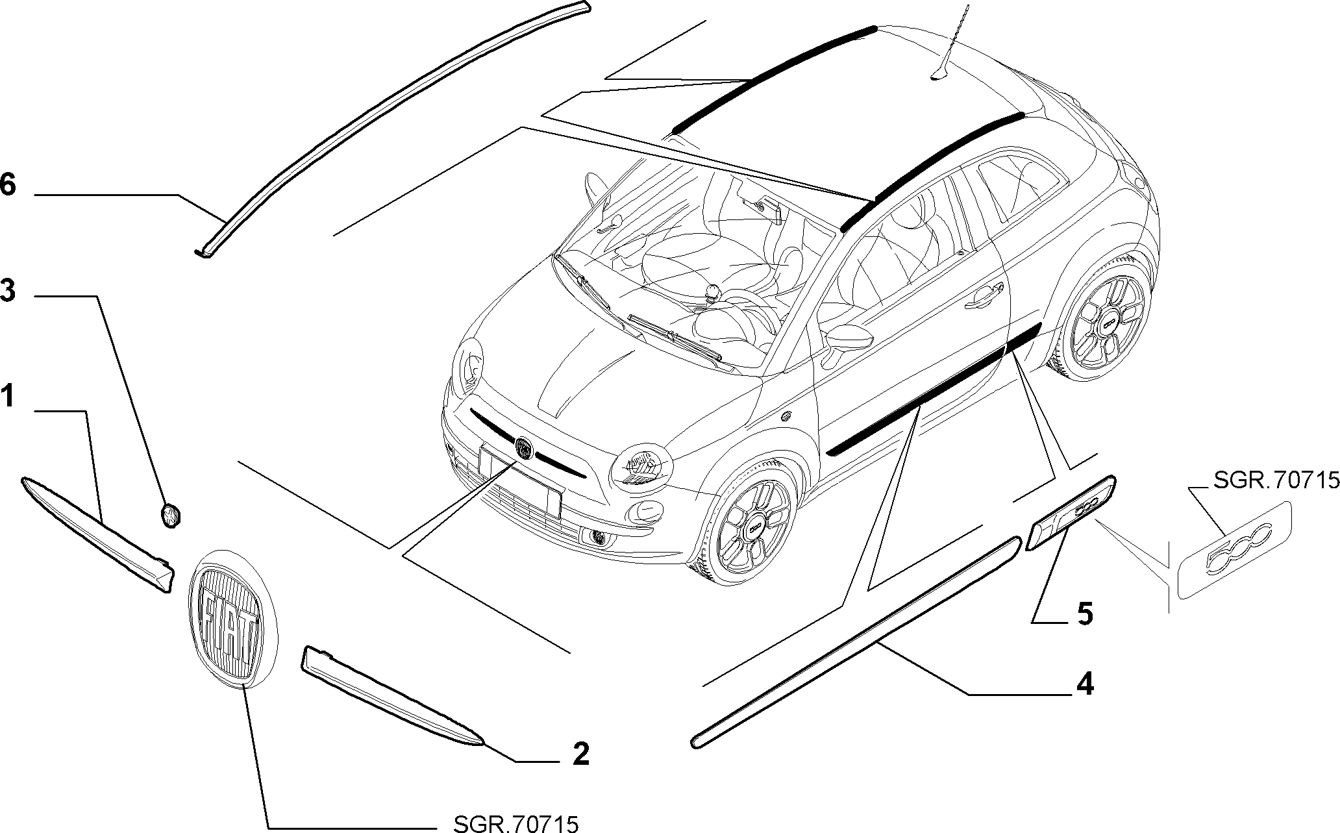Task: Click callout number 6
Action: pyautogui.click(x=7, y=184)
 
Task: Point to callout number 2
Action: pyautogui.click(x=580, y=754)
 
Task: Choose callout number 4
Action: pyautogui.click(x=1085, y=684)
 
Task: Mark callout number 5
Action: pyautogui.click(x=1085, y=614)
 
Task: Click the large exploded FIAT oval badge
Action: pyautogui.click(x=231, y=617)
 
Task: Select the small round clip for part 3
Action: pyautogui.click(x=170, y=516)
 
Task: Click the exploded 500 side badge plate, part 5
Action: pyautogui.click(x=1072, y=512)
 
